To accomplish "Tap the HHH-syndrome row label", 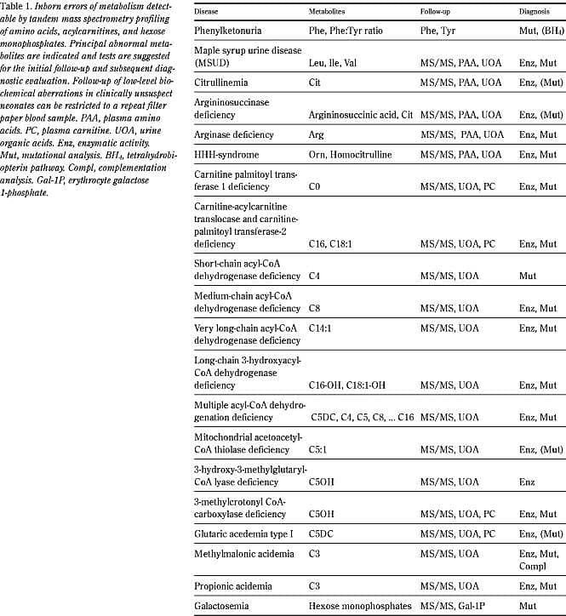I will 228,155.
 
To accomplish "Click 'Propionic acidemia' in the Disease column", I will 235,585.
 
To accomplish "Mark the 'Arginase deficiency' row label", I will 235,134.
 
